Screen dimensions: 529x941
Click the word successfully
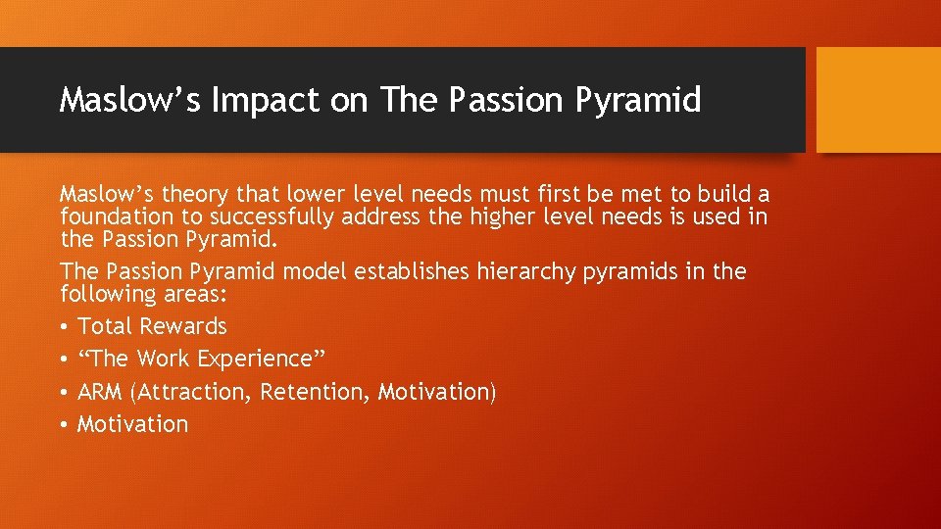tap(259, 216)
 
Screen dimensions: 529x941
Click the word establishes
tap(406, 271)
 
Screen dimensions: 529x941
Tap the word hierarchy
tap(526, 271)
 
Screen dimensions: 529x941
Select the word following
tap(104, 294)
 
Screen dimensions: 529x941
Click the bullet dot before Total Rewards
tap(65, 327)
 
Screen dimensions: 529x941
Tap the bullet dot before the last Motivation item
tap(65, 425)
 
